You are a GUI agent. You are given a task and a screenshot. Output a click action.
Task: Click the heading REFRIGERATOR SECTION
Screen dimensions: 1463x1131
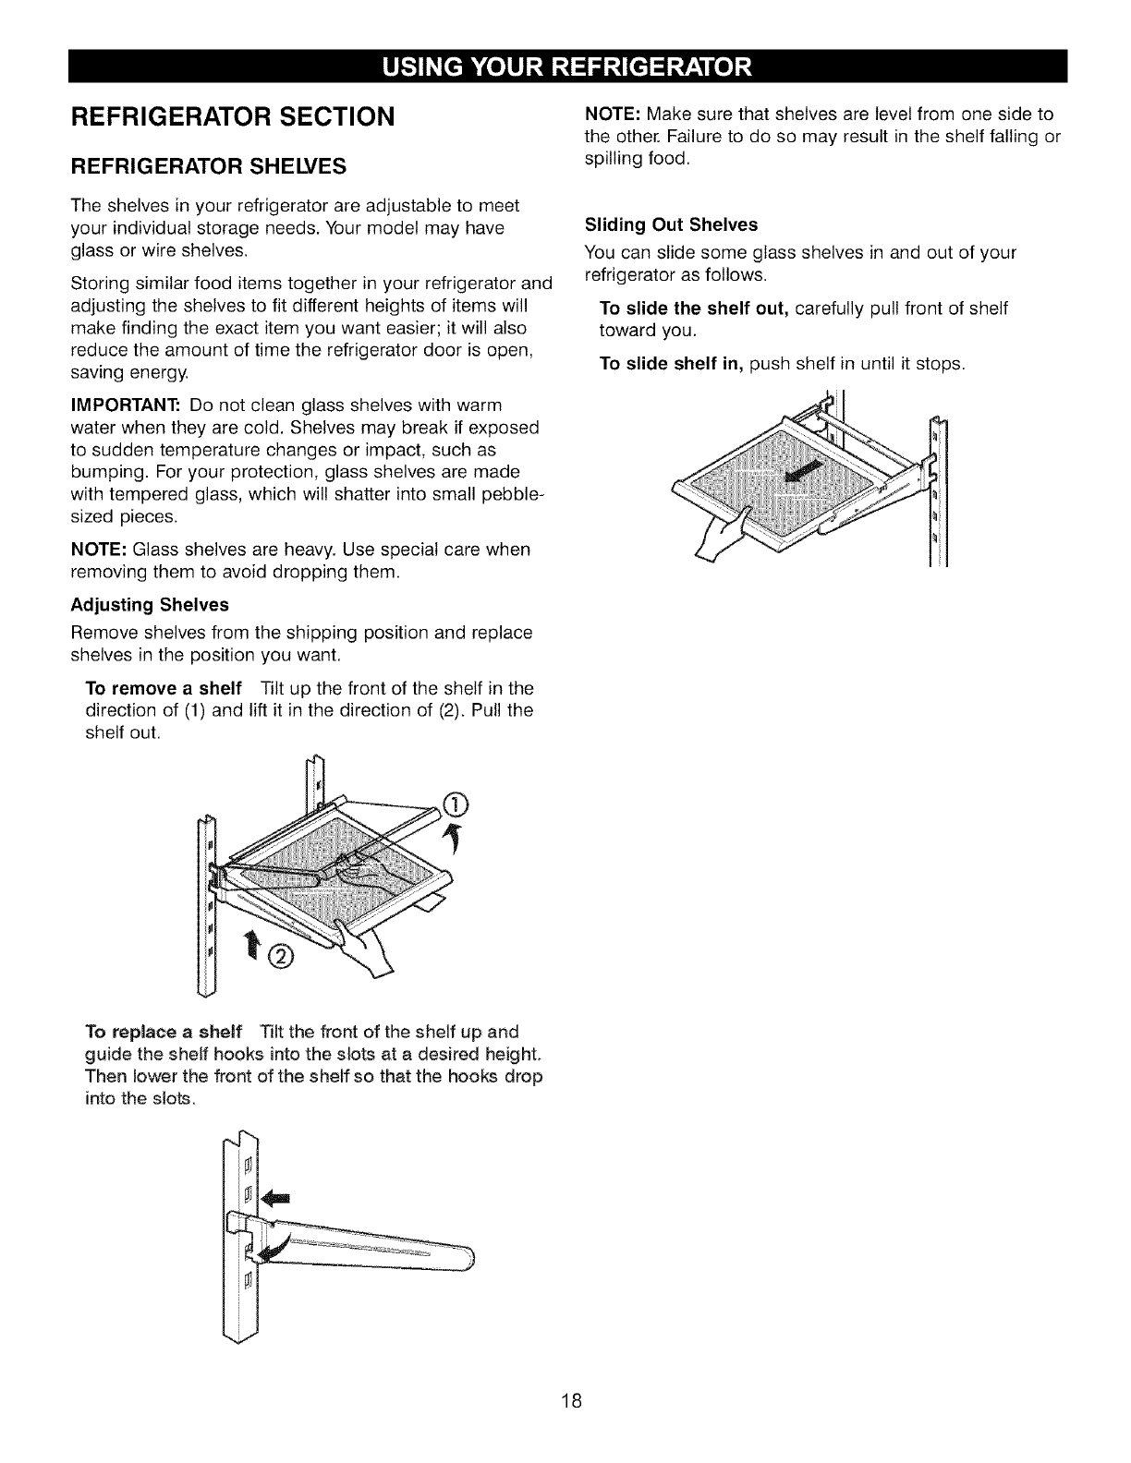tap(233, 116)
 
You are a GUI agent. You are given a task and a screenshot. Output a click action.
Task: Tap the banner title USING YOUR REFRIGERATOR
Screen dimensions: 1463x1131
tap(565, 67)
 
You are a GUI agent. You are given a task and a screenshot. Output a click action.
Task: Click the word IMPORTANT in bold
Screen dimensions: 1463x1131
tap(125, 405)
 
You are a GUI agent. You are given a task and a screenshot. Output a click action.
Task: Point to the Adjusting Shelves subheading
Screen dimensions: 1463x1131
tap(150, 605)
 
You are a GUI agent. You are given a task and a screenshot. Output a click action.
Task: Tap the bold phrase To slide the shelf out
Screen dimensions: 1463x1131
tap(693, 308)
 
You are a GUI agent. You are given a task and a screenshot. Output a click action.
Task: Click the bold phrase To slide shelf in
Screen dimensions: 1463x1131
tap(672, 364)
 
